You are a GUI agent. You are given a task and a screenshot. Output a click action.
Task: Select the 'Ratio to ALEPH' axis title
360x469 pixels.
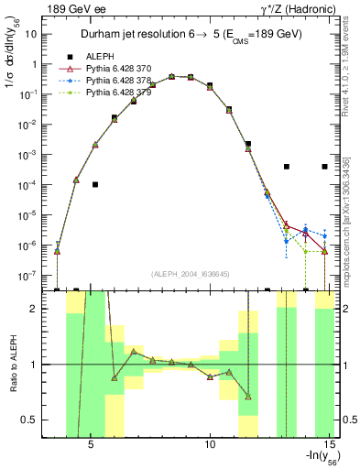click(13, 364)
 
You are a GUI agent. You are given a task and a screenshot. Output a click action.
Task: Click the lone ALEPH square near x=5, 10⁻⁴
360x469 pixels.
click(95, 184)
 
